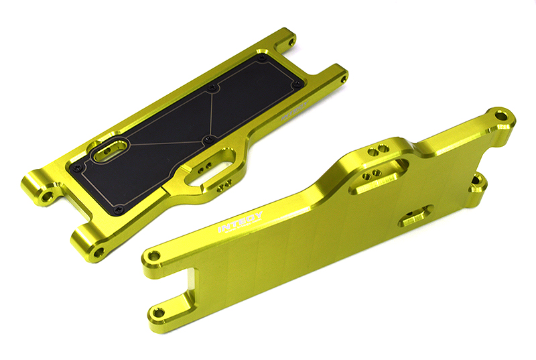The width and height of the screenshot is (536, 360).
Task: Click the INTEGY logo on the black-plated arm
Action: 295,111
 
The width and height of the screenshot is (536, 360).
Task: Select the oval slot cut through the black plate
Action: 111,151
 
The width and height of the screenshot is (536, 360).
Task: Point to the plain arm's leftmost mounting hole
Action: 154,255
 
